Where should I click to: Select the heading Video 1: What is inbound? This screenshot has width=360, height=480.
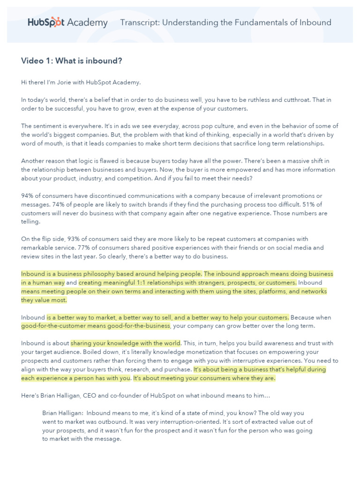coord(71,61)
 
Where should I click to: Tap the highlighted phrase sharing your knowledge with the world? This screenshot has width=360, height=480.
coord(125,344)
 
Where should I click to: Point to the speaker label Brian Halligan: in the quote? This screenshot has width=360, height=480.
coord(62,413)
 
